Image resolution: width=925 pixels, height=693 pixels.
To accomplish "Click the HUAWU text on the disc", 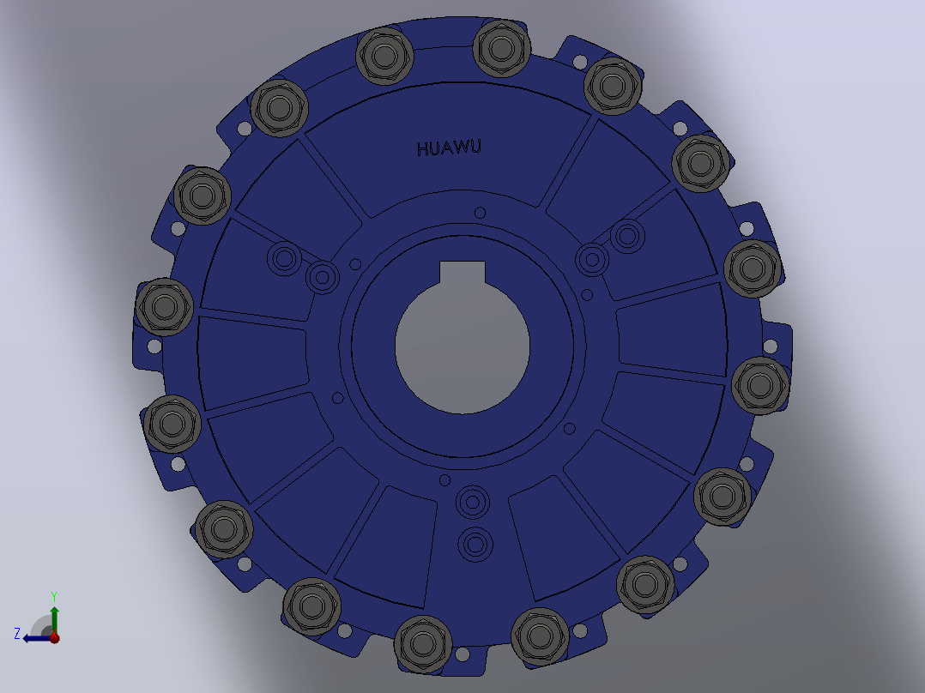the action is point(449,148).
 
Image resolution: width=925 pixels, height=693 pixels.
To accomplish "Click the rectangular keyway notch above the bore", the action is point(462,273).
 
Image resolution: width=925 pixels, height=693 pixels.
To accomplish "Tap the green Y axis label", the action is point(54,596).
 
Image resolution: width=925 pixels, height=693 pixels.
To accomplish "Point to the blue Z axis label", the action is point(17,634).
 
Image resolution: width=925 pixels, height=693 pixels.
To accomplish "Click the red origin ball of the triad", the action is point(54,637).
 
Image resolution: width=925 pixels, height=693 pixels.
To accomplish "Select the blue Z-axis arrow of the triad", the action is point(37,637).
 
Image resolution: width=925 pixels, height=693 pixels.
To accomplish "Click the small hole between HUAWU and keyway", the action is point(480,213).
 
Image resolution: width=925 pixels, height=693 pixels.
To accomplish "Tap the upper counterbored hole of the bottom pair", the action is point(473,503).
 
